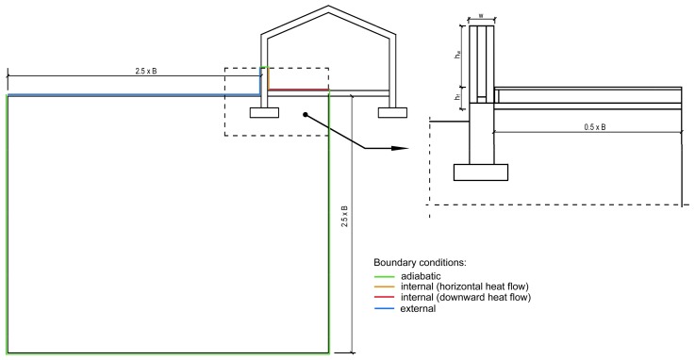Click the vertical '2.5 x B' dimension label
click(x=345, y=221)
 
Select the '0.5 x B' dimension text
click(x=594, y=125)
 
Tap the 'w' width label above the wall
click(x=481, y=16)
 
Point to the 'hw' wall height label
click(x=459, y=57)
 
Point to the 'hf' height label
click(x=459, y=96)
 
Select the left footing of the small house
click(x=264, y=113)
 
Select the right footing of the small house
click(x=391, y=113)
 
